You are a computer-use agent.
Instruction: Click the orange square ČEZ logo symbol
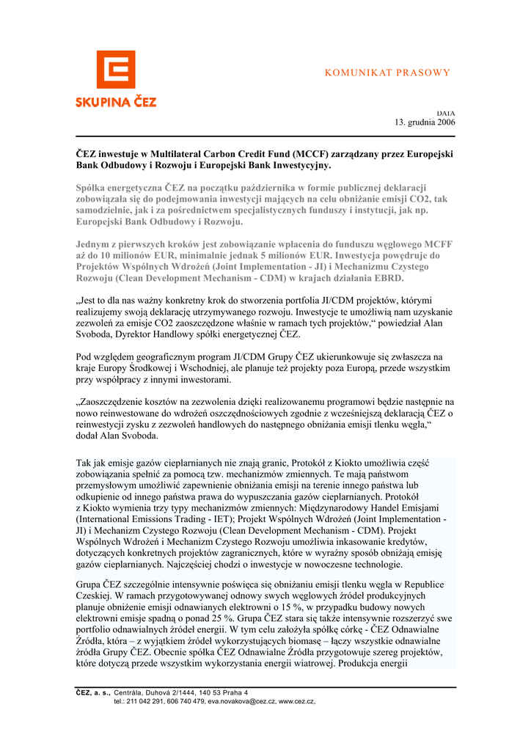116,70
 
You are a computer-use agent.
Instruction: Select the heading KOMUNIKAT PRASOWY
387,73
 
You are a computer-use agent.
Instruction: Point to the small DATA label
446,112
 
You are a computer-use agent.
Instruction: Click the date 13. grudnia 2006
425,122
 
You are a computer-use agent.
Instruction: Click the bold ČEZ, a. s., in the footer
93,692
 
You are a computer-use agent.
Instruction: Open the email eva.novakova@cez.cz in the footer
241,701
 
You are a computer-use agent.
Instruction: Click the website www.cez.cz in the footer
296,701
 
